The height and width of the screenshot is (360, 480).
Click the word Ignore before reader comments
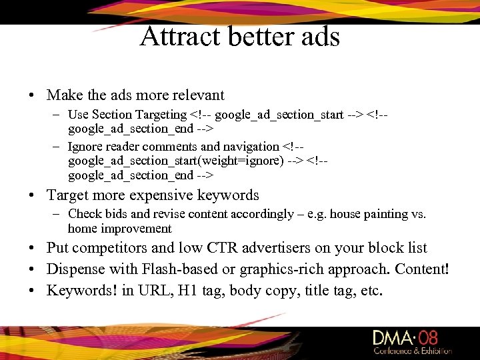85,146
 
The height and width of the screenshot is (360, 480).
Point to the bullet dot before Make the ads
32,96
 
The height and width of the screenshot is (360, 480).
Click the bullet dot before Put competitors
32,249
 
